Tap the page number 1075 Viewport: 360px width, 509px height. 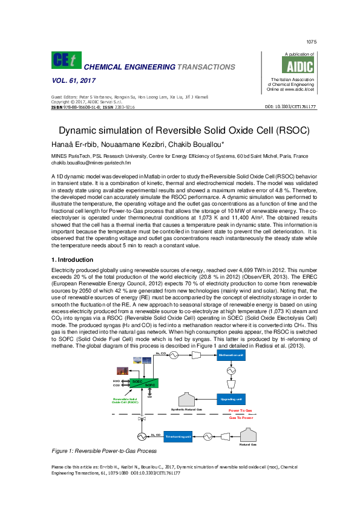click(x=312, y=42)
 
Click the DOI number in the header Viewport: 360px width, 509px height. click(x=290, y=106)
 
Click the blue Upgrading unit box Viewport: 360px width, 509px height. click(x=231, y=399)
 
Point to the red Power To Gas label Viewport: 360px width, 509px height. click(x=240, y=410)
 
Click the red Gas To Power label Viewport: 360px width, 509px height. click(x=240, y=417)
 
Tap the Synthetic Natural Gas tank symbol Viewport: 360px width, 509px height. click(x=186, y=398)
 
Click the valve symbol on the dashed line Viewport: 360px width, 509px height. click(x=142, y=418)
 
